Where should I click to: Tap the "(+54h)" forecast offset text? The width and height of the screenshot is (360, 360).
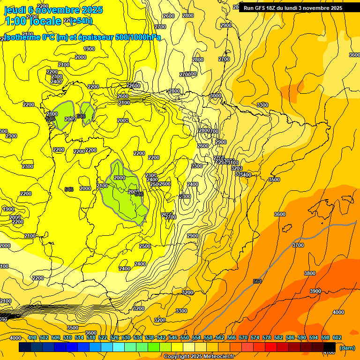pos(81,21)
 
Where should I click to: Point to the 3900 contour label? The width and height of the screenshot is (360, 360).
pos(315,291)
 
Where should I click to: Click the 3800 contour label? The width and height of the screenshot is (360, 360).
pos(310,273)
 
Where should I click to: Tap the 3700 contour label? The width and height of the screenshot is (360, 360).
pos(298,245)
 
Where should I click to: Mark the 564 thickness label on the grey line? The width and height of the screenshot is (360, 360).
pos(257,281)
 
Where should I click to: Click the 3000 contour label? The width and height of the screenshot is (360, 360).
pos(215,96)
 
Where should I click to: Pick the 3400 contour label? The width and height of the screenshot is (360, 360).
pos(245,175)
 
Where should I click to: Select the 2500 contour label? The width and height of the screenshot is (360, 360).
pos(145,246)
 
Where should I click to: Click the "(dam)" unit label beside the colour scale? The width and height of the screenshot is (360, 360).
pos(347,347)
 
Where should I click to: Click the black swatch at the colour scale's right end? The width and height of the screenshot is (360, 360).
pos(330,346)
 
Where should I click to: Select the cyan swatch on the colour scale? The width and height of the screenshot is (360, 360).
pos(119,346)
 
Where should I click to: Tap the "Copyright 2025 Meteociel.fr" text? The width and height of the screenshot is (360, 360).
pos(199,357)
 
